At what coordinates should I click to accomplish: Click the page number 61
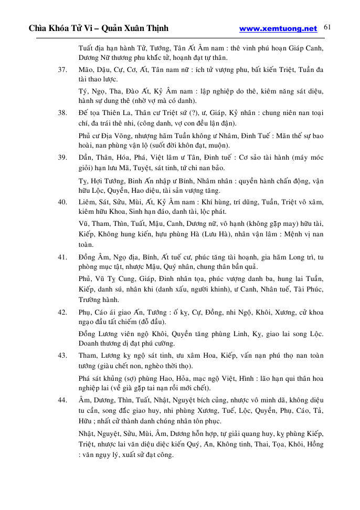[x=327, y=27]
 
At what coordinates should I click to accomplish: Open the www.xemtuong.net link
[x=278, y=29]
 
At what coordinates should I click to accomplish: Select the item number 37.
[x=62, y=69]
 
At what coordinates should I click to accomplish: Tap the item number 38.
[x=62, y=112]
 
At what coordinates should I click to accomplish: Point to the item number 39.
[x=62, y=157]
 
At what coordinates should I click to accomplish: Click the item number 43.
[x=62, y=356]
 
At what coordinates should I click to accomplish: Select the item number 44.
[x=62, y=400]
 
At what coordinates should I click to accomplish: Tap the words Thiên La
[x=114, y=112]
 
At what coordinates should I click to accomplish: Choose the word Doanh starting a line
[x=90, y=344]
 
